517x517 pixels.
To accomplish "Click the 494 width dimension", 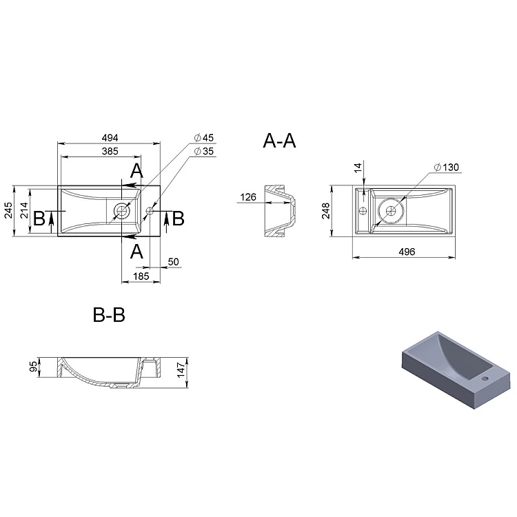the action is (x=110, y=137).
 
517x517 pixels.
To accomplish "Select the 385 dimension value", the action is (x=110, y=151).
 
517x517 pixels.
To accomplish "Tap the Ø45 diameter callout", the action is (x=204, y=137).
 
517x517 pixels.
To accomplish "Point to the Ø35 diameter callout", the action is (x=204, y=151).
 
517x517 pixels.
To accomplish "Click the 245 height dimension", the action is (x=8, y=210).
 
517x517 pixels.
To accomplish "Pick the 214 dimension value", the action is (x=24, y=210).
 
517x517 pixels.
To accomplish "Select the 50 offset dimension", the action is (x=174, y=262).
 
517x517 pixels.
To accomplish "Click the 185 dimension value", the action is (x=141, y=276).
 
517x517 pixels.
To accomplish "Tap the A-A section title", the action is (x=279, y=141).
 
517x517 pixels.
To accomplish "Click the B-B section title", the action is (x=109, y=315).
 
